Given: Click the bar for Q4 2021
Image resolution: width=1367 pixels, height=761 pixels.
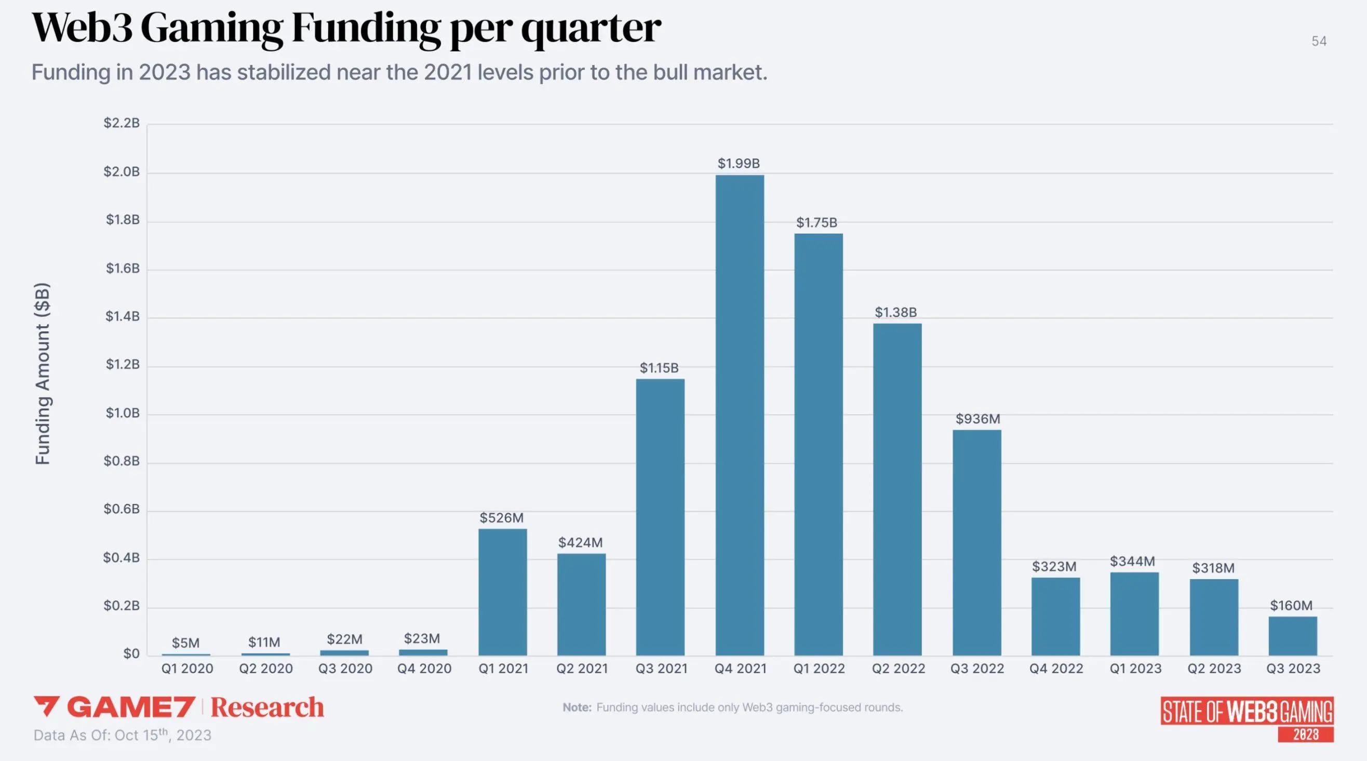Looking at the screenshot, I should [x=739, y=415].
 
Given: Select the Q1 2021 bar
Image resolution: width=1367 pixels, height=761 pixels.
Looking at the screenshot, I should [x=503, y=592].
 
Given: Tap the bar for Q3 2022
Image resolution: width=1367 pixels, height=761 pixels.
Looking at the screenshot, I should [x=976, y=542].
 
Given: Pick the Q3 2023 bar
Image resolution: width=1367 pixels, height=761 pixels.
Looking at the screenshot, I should [x=1293, y=636].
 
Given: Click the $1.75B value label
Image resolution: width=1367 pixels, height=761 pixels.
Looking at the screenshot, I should [x=816, y=222].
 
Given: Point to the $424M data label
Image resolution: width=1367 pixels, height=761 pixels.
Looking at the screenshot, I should [x=580, y=542].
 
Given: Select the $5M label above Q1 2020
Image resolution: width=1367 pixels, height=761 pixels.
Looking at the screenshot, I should [x=186, y=643].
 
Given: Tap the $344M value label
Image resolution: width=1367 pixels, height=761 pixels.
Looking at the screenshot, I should [x=1132, y=561].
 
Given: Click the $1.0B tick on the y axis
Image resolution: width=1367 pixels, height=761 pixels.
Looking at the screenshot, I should [x=122, y=413].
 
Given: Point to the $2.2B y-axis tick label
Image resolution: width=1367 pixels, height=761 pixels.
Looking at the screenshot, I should [x=122, y=123].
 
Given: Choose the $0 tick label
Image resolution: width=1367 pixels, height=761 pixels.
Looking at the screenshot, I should [x=131, y=654].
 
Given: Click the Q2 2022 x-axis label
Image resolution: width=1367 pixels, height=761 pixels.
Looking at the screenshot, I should [x=898, y=669].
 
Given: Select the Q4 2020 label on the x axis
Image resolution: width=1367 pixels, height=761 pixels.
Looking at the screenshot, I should [x=424, y=669].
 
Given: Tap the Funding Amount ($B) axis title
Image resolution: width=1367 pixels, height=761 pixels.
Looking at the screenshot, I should [x=43, y=373].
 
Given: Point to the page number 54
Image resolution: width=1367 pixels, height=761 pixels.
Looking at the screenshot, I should [x=1319, y=42].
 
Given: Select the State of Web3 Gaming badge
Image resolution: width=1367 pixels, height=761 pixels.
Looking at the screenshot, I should [x=1247, y=718].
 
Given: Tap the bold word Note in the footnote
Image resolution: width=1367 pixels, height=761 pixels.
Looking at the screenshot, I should [x=577, y=707].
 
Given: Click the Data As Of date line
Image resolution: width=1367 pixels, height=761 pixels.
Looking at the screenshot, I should [x=123, y=735].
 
